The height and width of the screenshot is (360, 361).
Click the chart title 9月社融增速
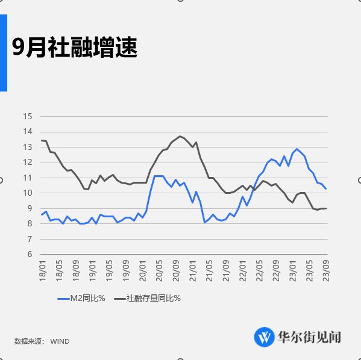coord(75,47)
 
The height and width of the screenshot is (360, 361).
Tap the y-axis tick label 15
coord(28,116)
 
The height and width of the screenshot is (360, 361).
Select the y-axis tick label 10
coord(28,193)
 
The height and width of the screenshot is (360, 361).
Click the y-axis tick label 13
coord(28,147)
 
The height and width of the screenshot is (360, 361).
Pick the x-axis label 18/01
coord(42,268)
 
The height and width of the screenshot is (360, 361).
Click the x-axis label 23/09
coord(326,268)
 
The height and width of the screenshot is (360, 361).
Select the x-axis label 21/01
coord(193,268)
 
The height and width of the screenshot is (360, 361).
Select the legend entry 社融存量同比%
coord(154,298)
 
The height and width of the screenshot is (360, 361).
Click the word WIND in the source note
coord(59,341)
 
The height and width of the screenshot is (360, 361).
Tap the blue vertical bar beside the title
coord(3,53)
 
